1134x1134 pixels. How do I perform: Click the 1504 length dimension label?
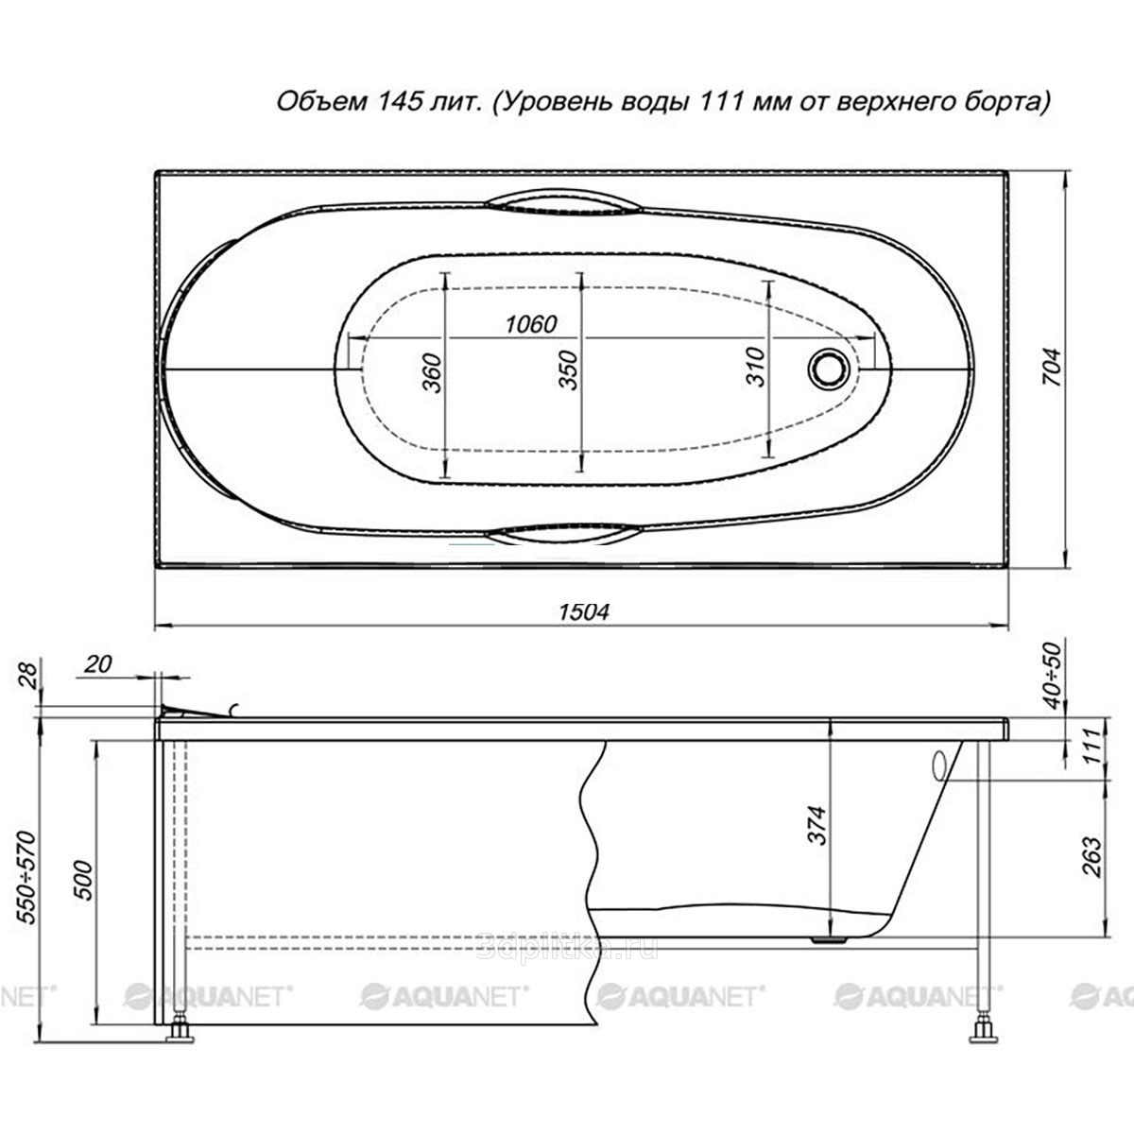click(584, 612)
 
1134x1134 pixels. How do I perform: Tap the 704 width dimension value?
click(1052, 368)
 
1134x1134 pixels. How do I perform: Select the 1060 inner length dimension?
click(531, 324)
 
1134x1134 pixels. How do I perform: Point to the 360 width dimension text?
click(432, 372)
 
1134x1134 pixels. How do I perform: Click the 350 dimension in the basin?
click(569, 370)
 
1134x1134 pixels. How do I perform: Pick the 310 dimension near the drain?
click(756, 366)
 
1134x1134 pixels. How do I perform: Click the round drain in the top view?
click(829, 369)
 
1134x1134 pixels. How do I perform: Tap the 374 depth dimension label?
click(816, 825)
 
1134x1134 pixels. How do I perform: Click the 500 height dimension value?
click(83, 881)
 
